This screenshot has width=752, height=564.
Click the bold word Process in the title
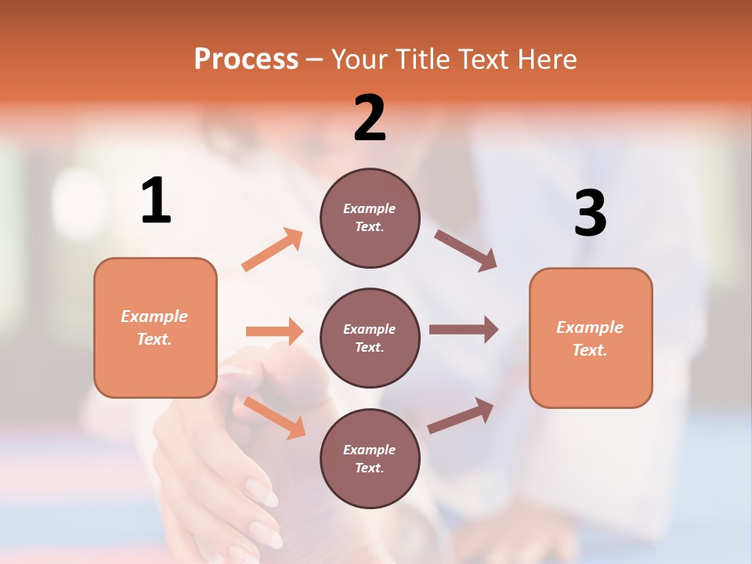(x=246, y=60)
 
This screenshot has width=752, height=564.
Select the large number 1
(x=156, y=201)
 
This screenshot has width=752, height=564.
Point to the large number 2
(x=370, y=118)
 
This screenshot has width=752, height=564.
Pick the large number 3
(x=590, y=213)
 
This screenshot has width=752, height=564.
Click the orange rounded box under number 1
(x=155, y=327)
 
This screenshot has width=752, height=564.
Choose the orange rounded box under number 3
(x=591, y=338)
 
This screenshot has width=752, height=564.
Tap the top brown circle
(x=370, y=218)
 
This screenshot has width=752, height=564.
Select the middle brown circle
(x=370, y=338)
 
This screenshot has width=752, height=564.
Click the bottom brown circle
(x=370, y=458)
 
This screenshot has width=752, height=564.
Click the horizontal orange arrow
(x=274, y=331)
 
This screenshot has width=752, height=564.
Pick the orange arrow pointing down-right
(x=274, y=418)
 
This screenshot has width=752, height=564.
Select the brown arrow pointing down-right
(x=466, y=251)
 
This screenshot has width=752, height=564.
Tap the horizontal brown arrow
(x=464, y=330)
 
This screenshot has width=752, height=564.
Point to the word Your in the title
(x=360, y=60)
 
